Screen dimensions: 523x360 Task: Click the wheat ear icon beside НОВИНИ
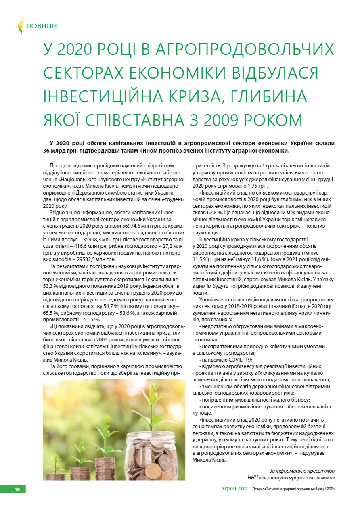pyautogui.click(x=20, y=27)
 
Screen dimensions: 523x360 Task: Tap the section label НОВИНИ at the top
pyautogui.click(x=42, y=26)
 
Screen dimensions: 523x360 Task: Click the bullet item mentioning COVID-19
pyautogui.click(x=226, y=360)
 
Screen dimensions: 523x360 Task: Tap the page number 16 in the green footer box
pyautogui.click(x=17, y=490)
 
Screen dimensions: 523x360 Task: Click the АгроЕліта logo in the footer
pyautogui.click(x=234, y=489)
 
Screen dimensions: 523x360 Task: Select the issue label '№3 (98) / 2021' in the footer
pyautogui.click(x=318, y=489)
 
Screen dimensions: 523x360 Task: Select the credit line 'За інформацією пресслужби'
pyautogui.click(x=302, y=471)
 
